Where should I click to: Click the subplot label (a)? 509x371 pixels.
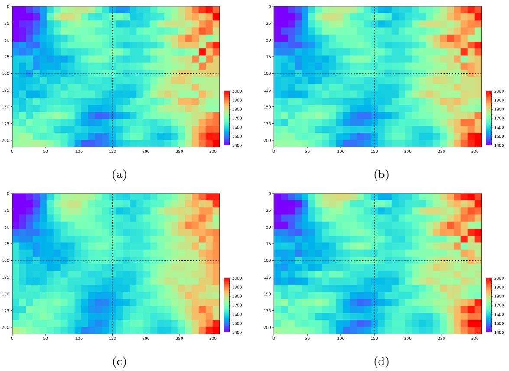pyautogui.click(x=119, y=174)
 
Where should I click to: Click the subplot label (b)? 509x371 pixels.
pyautogui.click(x=381, y=174)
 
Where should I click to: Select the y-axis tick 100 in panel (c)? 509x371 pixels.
pyautogui.click(x=5, y=261)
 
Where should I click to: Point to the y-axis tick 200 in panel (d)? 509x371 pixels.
pyautogui.click(x=267, y=327)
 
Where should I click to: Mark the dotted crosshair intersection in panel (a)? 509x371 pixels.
pyautogui.click(x=112, y=73)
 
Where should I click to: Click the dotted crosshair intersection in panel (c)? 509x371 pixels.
pyautogui.click(x=112, y=260)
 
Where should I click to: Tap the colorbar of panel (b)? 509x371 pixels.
pyautogui.click(x=489, y=118)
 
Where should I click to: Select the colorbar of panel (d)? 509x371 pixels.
pyautogui.click(x=489, y=305)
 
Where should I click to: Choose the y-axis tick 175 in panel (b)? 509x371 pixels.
pyautogui.click(x=267, y=123)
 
